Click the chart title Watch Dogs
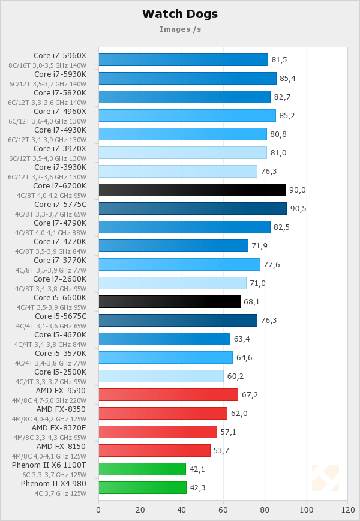click(x=180, y=14)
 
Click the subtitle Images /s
click(x=180, y=29)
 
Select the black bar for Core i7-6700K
click(x=192, y=190)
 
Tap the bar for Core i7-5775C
click(x=192, y=208)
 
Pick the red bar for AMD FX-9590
click(x=168, y=394)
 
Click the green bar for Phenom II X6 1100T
click(x=142, y=469)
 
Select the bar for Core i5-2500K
click(x=161, y=376)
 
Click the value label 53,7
click(x=223, y=451)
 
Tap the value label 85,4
click(x=289, y=79)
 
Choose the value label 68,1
click(x=252, y=302)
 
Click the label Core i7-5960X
click(x=60, y=56)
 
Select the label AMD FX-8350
click(x=61, y=409)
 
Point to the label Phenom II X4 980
click(x=53, y=483)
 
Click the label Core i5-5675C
click(x=60, y=316)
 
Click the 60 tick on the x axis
click(x=223, y=510)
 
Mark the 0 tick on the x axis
click(x=98, y=510)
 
